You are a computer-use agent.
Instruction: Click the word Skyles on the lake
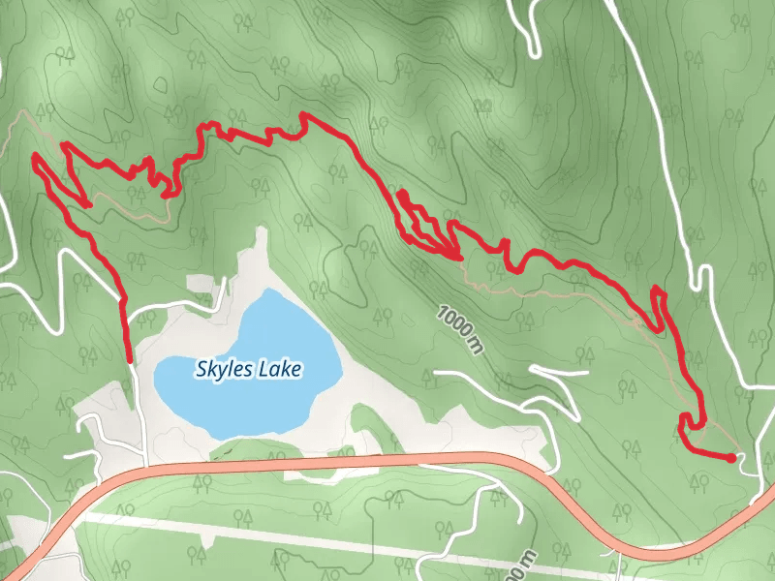point(222,368)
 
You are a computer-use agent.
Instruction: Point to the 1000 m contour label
point(459,328)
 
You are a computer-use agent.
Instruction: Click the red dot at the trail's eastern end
point(731,458)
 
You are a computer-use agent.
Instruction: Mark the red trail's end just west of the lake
point(129,359)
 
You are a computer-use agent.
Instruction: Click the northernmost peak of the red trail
point(307,116)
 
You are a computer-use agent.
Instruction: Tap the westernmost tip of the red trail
point(35,156)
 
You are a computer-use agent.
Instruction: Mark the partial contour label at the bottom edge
point(524,567)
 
